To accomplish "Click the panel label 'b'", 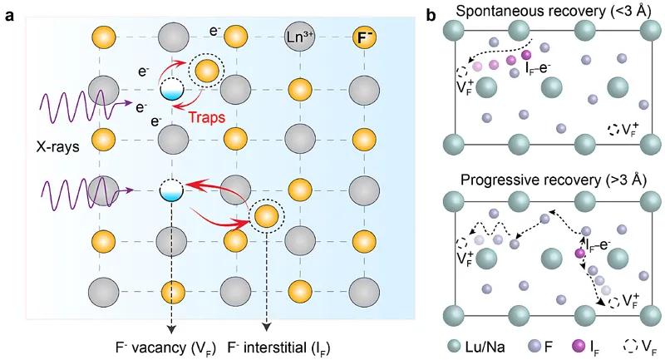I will (431, 15).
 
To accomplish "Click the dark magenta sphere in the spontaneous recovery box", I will (549, 55).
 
